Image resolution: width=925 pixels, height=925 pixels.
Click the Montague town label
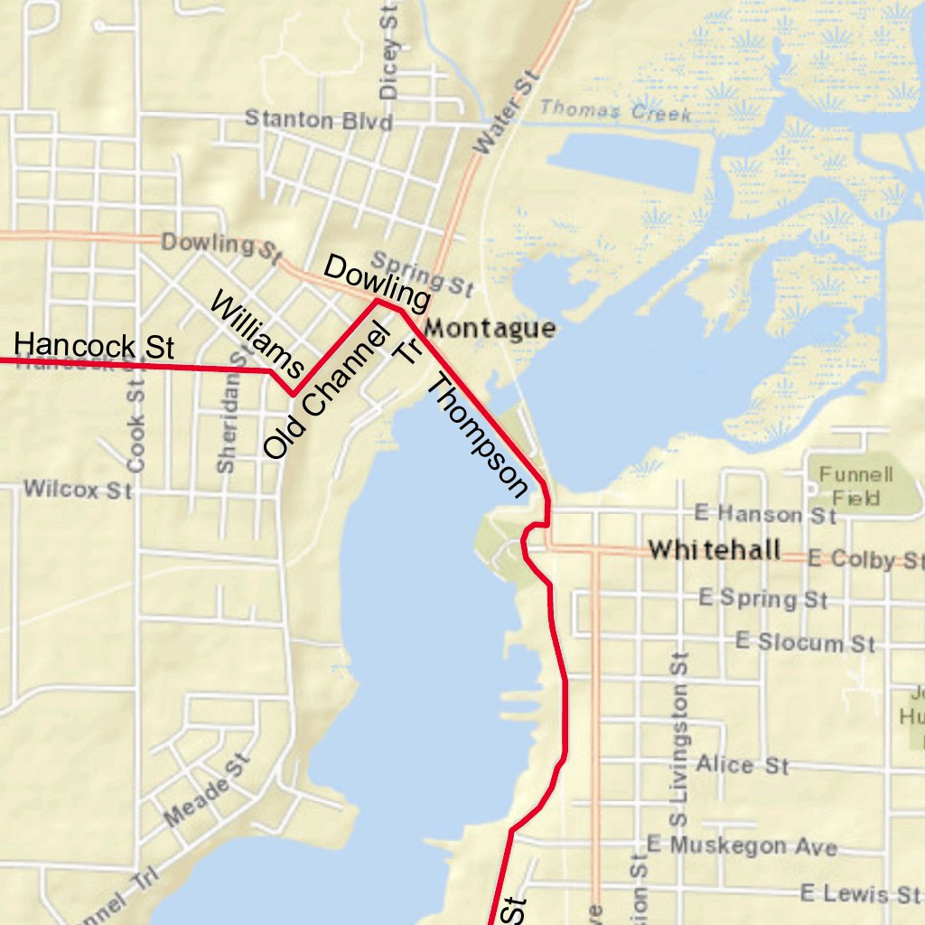pyautogui.click(x=489, y=328)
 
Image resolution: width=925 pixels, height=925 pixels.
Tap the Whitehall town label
pyautogui.click(x=715, y=549)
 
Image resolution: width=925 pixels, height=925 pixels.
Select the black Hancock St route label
pyautogui.click(x=94, y=346)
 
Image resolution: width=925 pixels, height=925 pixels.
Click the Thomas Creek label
pyautogui.click(x=615, y=111)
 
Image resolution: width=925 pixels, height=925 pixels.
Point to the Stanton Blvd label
pyautogui.click(x=319, y=119)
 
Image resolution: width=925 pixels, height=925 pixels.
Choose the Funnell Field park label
pyautogui.click(x=850, y=485)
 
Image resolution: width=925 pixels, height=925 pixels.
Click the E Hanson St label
pyautogui.click(x=764, y=515)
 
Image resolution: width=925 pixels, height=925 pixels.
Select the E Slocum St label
pyautogui.click(x=805, y=642)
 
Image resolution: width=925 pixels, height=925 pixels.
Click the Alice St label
pyautogui.click(x=742, y=764)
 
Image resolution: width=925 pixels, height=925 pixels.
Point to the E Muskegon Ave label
pyautogui.click(x=742, y=846)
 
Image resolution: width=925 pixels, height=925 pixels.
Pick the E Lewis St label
pyautogui.click(x=859, y=893)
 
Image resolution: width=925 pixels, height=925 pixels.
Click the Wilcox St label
pyautogui.click(x=78, y=490)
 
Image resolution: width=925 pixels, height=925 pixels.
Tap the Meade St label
pyautogui.click(x=206, y=790)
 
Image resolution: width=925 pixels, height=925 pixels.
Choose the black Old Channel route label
pyautogui.click(x=325, y=393)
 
